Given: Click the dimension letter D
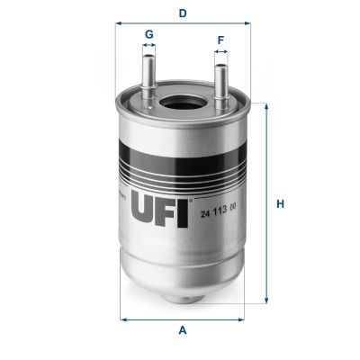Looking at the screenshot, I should (x=182, y=13).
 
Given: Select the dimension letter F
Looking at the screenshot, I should (x=220, y=40).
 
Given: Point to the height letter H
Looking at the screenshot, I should (x=280, y=203).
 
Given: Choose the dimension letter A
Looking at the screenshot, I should (x=182, y=330).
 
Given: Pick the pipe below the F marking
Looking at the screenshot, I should (x=219, y=81).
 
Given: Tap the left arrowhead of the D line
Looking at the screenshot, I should (x=117, y=24).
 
